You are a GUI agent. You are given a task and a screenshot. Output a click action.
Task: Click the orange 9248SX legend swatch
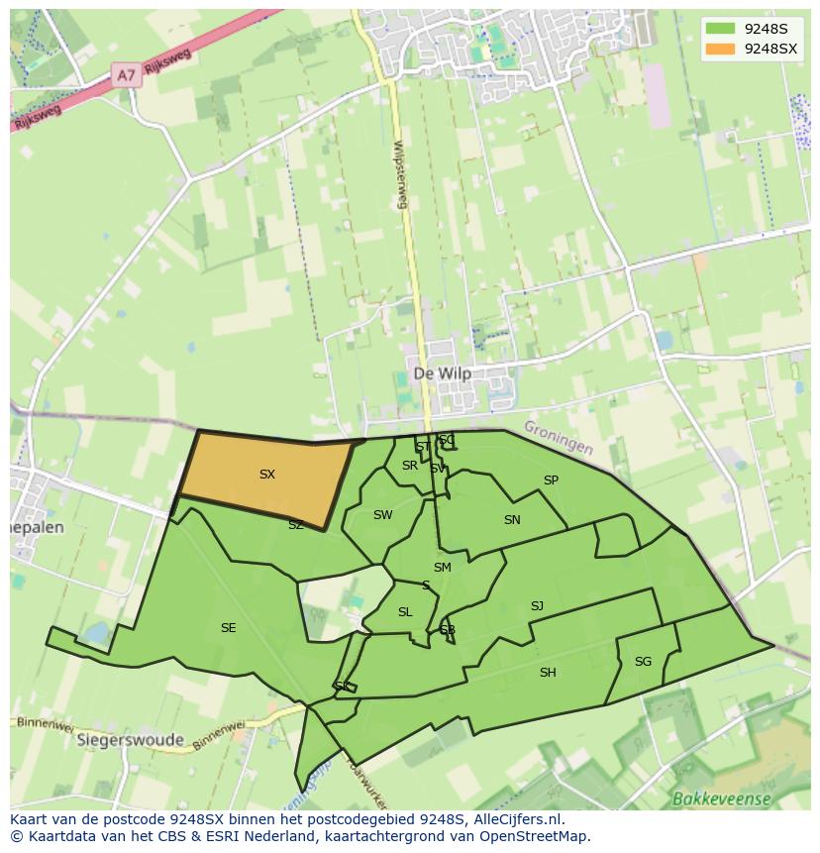tap(722, 49)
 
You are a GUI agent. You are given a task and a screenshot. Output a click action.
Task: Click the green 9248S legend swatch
tap(722, 30)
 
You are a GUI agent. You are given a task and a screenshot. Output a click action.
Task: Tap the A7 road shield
tap(126, 75)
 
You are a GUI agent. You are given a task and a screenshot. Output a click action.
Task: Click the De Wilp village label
tap(442, 373)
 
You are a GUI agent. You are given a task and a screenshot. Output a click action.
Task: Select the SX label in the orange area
tap(266, 475)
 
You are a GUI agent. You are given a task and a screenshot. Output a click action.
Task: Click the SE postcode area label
tap(228, 628)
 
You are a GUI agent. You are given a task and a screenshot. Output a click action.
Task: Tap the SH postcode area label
tap(548, 673)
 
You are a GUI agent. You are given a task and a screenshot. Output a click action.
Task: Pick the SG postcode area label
tap(643, 662)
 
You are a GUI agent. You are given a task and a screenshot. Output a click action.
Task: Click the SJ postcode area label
tap(537, 606)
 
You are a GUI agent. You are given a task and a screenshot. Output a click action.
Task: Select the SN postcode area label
tap(512, 520)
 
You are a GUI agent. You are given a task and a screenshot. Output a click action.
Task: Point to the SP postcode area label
tap(551, 480)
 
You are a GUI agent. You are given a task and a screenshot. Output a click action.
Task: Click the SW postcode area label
tap(382, 515)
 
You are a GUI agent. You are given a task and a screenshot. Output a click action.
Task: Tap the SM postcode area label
tap(442, 568)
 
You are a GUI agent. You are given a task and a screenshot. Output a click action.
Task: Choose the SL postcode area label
tap(405, 612)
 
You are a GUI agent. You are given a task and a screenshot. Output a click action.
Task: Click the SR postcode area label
tap(409, 466)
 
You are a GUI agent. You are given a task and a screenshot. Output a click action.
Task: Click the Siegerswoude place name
tap(130, 740)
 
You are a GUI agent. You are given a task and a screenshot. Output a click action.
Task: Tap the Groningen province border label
tap(559, 437)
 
